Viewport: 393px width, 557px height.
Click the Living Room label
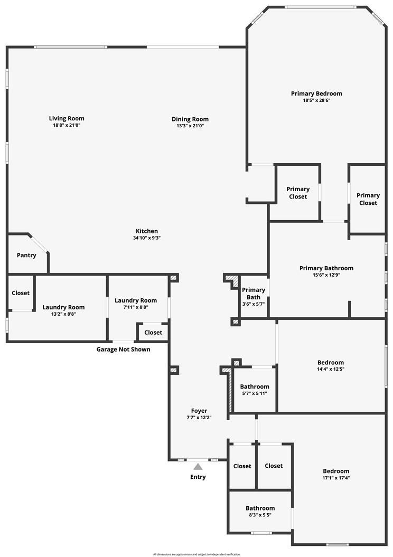click(x=67, y=119)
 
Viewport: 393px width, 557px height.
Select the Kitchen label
click(x=147, y=231)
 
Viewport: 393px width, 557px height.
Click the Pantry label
click(x=26, y=256)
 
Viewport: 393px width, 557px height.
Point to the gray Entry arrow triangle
click(x=198, y=467)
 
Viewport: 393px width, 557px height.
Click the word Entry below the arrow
click(x=198, y=477)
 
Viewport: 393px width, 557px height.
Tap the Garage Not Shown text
click(x=123, y=350)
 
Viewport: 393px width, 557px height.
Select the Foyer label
click(x=199, y=411)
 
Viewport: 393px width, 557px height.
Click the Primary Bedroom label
click(x=316, y=94)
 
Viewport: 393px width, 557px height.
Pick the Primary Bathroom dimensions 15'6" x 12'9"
click(x=326, y=275)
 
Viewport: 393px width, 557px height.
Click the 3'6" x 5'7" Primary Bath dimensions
click(x=254, y=304)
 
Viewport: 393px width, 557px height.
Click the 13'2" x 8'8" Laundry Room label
click(x=63, y=307)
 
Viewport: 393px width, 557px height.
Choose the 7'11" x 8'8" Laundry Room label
click(x=136, y=301)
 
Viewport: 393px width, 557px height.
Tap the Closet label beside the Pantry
click(x=21, y=293)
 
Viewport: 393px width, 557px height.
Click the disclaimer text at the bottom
click(x=196, y=554)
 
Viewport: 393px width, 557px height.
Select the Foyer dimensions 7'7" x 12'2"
click(x=199, y=418)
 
